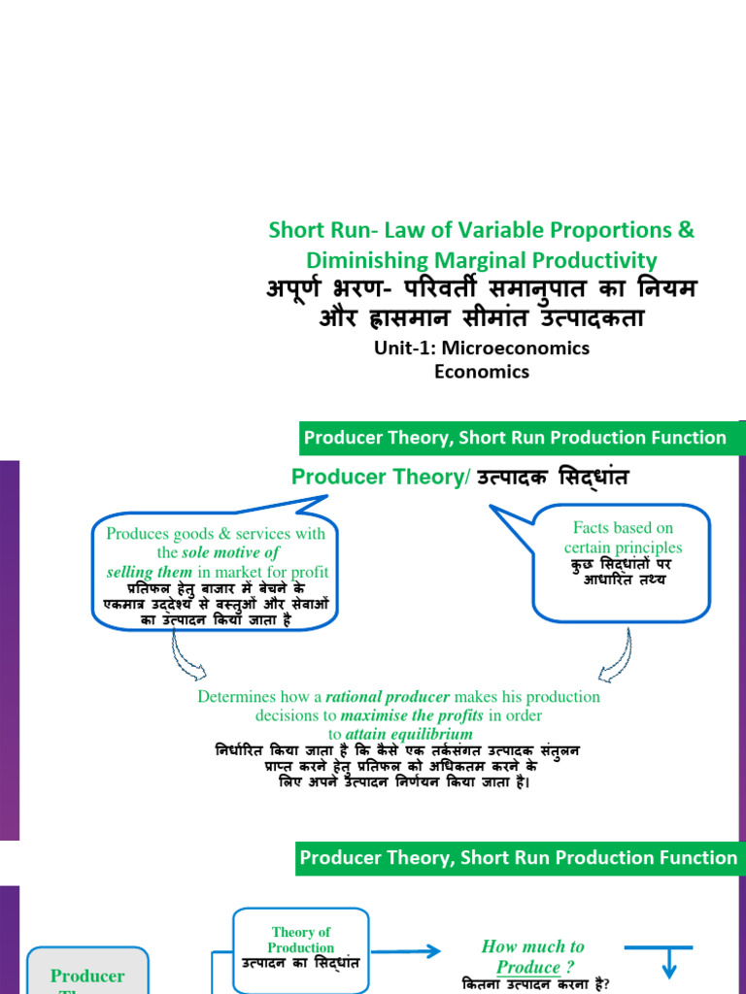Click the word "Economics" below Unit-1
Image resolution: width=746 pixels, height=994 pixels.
(482, 372)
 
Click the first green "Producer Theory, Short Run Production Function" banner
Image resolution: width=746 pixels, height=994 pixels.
(516, 438)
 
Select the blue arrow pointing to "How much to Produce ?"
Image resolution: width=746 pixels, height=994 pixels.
(400, 952)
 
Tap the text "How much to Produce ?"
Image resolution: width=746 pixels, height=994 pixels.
(532, 956)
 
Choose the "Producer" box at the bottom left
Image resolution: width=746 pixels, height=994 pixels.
(87, 975)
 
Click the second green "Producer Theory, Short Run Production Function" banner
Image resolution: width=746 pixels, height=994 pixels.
(517, 857)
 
